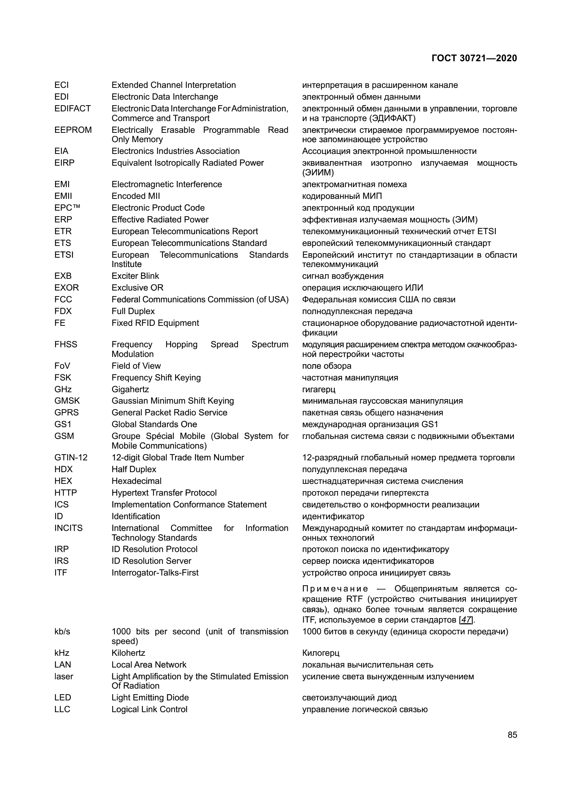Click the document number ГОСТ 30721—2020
tap(474, 58)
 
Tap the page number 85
tap(513, 735)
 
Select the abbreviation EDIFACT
tap(73, 109)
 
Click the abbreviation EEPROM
tap(73, 130)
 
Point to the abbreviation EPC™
tap(67, 208)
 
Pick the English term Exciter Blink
tap(135, 276)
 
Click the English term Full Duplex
tap(133, 311)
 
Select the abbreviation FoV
tap(62, 366)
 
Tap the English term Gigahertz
tap(130, 389)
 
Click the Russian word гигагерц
tap(319, 389)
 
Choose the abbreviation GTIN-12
tap(71, 457)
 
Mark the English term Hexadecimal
tap(136, 481)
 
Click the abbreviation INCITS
tap(68, 528)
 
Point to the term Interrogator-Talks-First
tap(155, 572)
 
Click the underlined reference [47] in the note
tap(466, 619)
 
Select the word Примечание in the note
tap(335, 589)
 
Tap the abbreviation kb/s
tap(62, 632)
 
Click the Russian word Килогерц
tap(321, 653)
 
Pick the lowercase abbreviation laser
tap(64, 676)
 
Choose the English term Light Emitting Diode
tap(150, 697)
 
